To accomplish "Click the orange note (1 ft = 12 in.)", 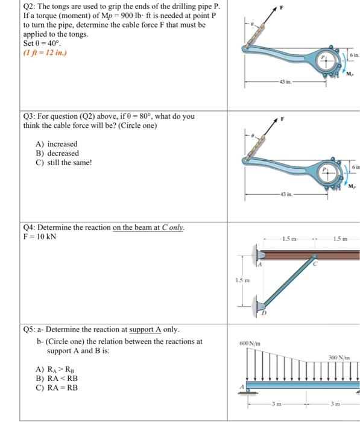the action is pos(45,52).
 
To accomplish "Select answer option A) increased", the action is pos(57,144).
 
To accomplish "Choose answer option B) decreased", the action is pos(57,153).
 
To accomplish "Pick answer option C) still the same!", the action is pos(64,163).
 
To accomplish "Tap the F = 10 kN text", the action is pos(40,236).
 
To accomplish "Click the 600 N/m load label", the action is pos(250,344).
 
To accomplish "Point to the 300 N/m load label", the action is pos(339,357).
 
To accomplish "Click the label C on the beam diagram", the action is pos(315,264).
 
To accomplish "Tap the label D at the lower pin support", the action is pos(264,313).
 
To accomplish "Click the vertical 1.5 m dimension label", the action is pos(242,280).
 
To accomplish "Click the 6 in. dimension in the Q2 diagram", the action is pos(355,55).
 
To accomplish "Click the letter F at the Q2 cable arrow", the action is pos(282,8).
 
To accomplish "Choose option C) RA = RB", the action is pos(57,388).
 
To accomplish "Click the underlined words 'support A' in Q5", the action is pos(145,330).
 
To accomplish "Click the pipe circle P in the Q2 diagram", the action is pos(326,60).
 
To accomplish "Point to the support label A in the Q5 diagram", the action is pos(242,387).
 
